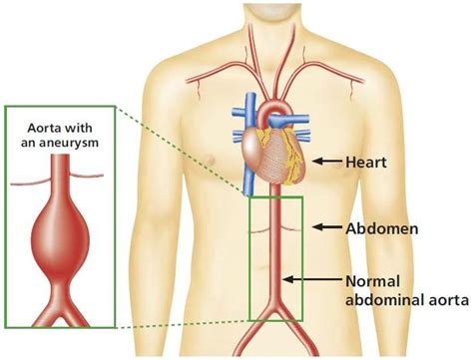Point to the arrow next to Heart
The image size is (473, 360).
pos(326,161)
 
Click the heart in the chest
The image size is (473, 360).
pos(273,156)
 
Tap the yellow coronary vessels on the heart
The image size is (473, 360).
pos(291,150)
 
